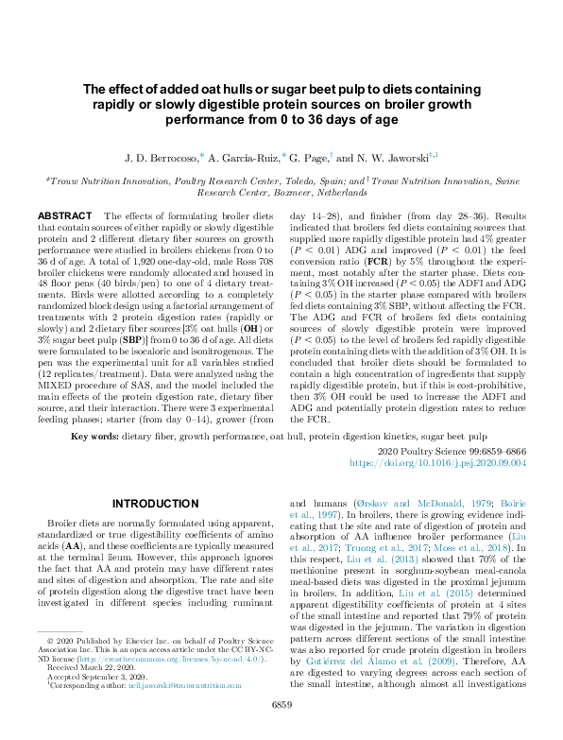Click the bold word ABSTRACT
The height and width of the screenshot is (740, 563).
tap(64, 216)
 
